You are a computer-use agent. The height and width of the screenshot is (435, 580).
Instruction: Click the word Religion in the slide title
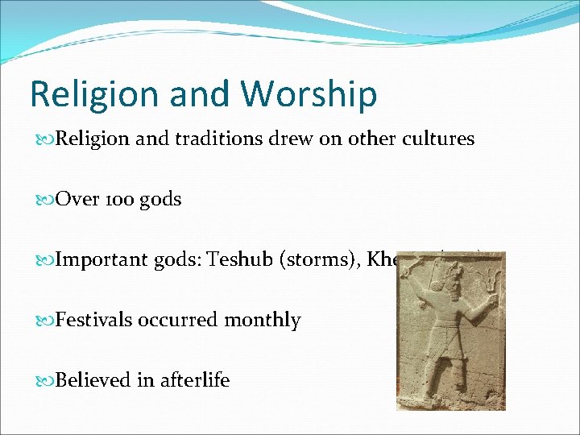[84, 94]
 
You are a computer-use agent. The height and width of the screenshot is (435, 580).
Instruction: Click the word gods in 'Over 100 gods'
[159, 200]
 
